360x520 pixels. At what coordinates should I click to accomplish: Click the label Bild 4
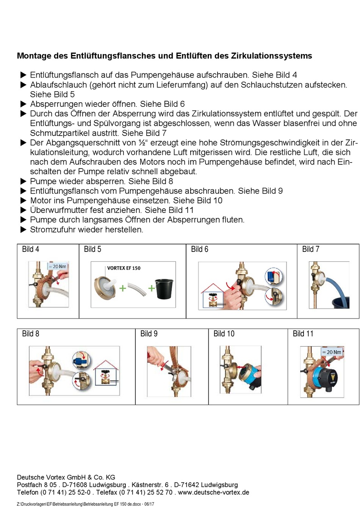pyautogui.click(x=30, y=249)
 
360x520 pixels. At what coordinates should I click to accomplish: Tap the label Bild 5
pyautogui.click(x=92, y=249)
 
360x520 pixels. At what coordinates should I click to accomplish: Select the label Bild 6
pyautogui.click(x=199, y=249)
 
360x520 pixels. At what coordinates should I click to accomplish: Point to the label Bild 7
pyautogui.click(x=310, y=249)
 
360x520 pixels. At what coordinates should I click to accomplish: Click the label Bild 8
pyautogui.click(x=30, y=334)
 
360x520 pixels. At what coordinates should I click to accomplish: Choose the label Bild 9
pyautogui.click(x=149, y=334)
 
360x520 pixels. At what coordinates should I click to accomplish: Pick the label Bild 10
pyautogui.click(x=224, y=334)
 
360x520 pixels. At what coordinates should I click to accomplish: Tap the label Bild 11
pyautogui.click(x=303, y=334)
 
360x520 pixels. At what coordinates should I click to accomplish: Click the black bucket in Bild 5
pyautogui.click(x=164, y=289)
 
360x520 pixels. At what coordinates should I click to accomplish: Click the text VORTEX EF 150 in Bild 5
pyautogui.click(x=124, y=268)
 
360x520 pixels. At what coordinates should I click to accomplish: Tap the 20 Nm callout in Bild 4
pyautogui.click(x=58, y=267)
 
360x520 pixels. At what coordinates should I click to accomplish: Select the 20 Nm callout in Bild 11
pyautogui.click(x=332, y=352)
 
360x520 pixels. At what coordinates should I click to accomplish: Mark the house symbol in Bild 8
pyautogui.click(x=107, y=375)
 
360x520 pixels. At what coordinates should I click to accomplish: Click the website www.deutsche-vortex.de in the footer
pyautogui.click(x=213, y=492)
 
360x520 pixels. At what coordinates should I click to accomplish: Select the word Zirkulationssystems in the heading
pyautogui.click(x=271, y=56)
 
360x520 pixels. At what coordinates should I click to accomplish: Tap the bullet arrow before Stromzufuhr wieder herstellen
pyautogui.click(x=23, y=230)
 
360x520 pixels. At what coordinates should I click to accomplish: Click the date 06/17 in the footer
pyautogui.click(x=149, y=504)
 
